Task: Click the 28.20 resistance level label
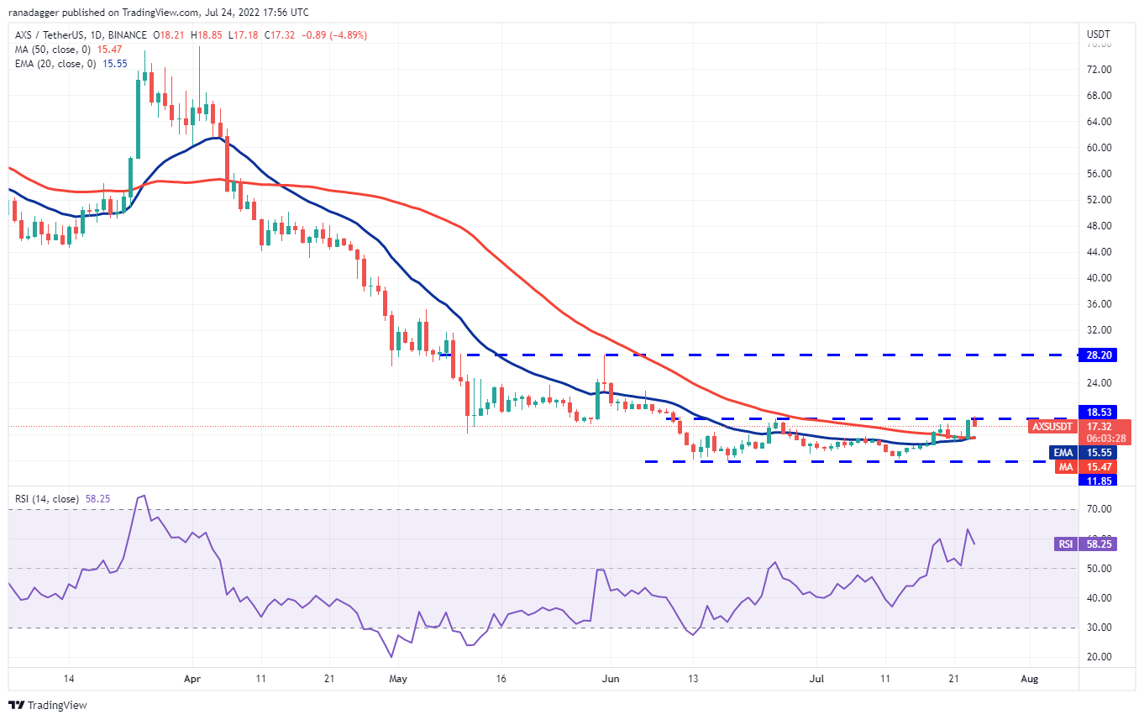point(1099,355)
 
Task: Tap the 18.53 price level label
point(1099,412)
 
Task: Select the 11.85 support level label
point(1099,480)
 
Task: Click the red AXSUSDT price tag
point(1052,426)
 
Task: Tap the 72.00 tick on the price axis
point(1099,70)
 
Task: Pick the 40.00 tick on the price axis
point(1099,278)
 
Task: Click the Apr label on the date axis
point(192,679)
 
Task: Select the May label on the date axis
point(391,679)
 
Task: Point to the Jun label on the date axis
point(611,679)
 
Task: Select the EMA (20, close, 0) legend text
point(54,64)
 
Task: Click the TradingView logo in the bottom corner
point(48,705)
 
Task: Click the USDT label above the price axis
point(1099,34)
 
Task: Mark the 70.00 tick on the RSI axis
point(1099,509)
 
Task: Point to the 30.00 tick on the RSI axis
point(1099,628)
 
